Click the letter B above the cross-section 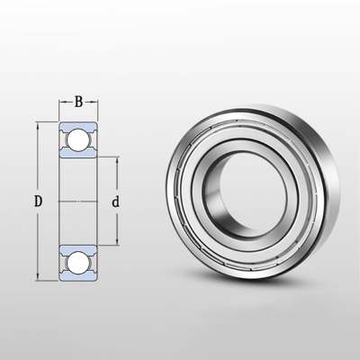[78, 102]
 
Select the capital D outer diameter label [39, 201]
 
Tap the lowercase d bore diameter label [115, 202]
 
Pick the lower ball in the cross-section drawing [77, 261]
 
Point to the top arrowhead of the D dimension [37, 122]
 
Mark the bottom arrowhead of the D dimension [37, 278]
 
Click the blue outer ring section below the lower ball [77, 276]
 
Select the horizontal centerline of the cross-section [77, 201]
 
